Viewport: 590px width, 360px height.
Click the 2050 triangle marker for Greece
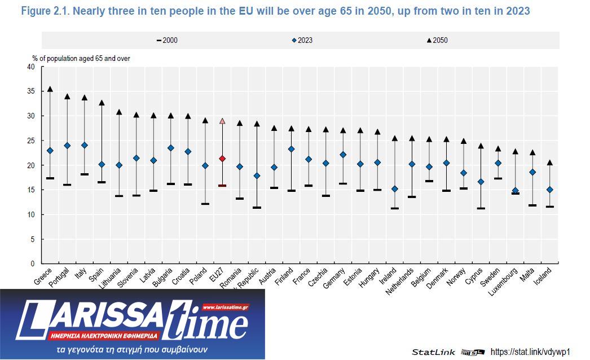(x=50, y=89)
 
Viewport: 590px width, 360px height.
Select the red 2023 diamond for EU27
(x=222, y=159)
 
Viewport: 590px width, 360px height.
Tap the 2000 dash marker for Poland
(x=205, y=204)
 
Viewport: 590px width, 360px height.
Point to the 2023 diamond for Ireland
(x=395, y=189)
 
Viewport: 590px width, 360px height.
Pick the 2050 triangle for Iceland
(x=549, y=163)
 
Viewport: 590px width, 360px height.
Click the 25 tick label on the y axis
(x=30, y=141)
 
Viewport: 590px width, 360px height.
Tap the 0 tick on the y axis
(x=33, y=264)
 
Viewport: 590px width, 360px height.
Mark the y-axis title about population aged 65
(x=81, y=58)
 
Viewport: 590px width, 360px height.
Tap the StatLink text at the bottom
(x=433, y=352)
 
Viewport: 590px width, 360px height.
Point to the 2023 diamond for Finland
(x=291, y=149)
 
